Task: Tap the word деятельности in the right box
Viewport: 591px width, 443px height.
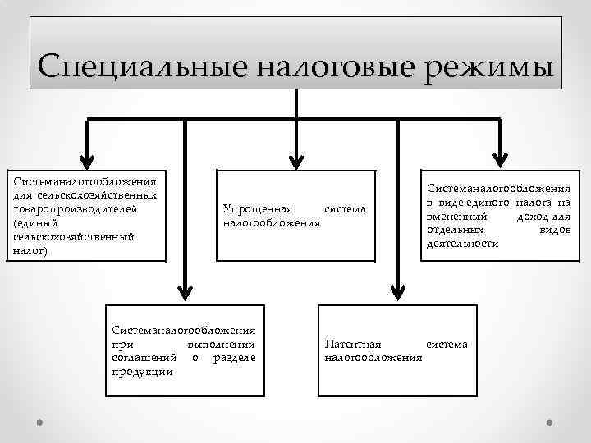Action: (x=462, y=244)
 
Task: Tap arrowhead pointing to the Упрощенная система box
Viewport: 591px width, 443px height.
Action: (x=296, y=159)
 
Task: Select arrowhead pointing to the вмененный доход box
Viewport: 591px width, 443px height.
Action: (x=499, y=159)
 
